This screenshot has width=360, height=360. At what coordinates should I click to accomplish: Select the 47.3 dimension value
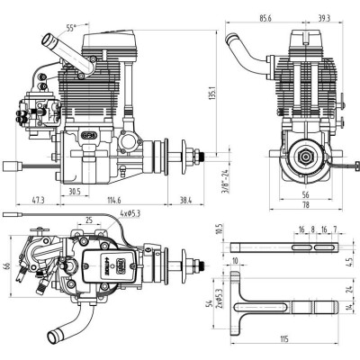[38, 200]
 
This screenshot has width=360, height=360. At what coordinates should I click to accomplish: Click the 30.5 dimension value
[75, 191]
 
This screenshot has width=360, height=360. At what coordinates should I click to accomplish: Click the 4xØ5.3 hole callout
[133, 214]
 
